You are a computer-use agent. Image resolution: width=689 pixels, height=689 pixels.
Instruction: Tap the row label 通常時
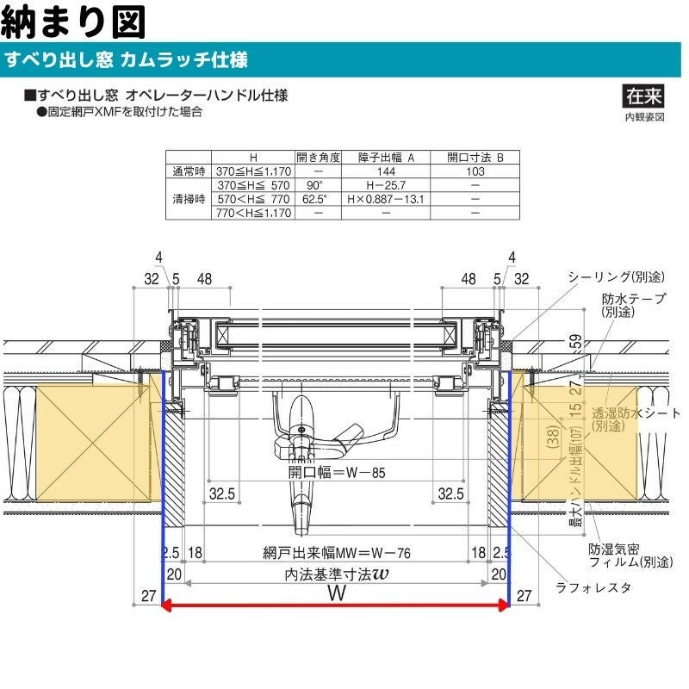click(189, 171)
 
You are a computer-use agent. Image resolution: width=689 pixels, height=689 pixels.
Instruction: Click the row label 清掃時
click(189, 199)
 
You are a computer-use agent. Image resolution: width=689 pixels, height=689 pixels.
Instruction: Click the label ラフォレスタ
click(593, 587)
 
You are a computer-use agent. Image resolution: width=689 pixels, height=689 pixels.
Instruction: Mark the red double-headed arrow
click(336, 606)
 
